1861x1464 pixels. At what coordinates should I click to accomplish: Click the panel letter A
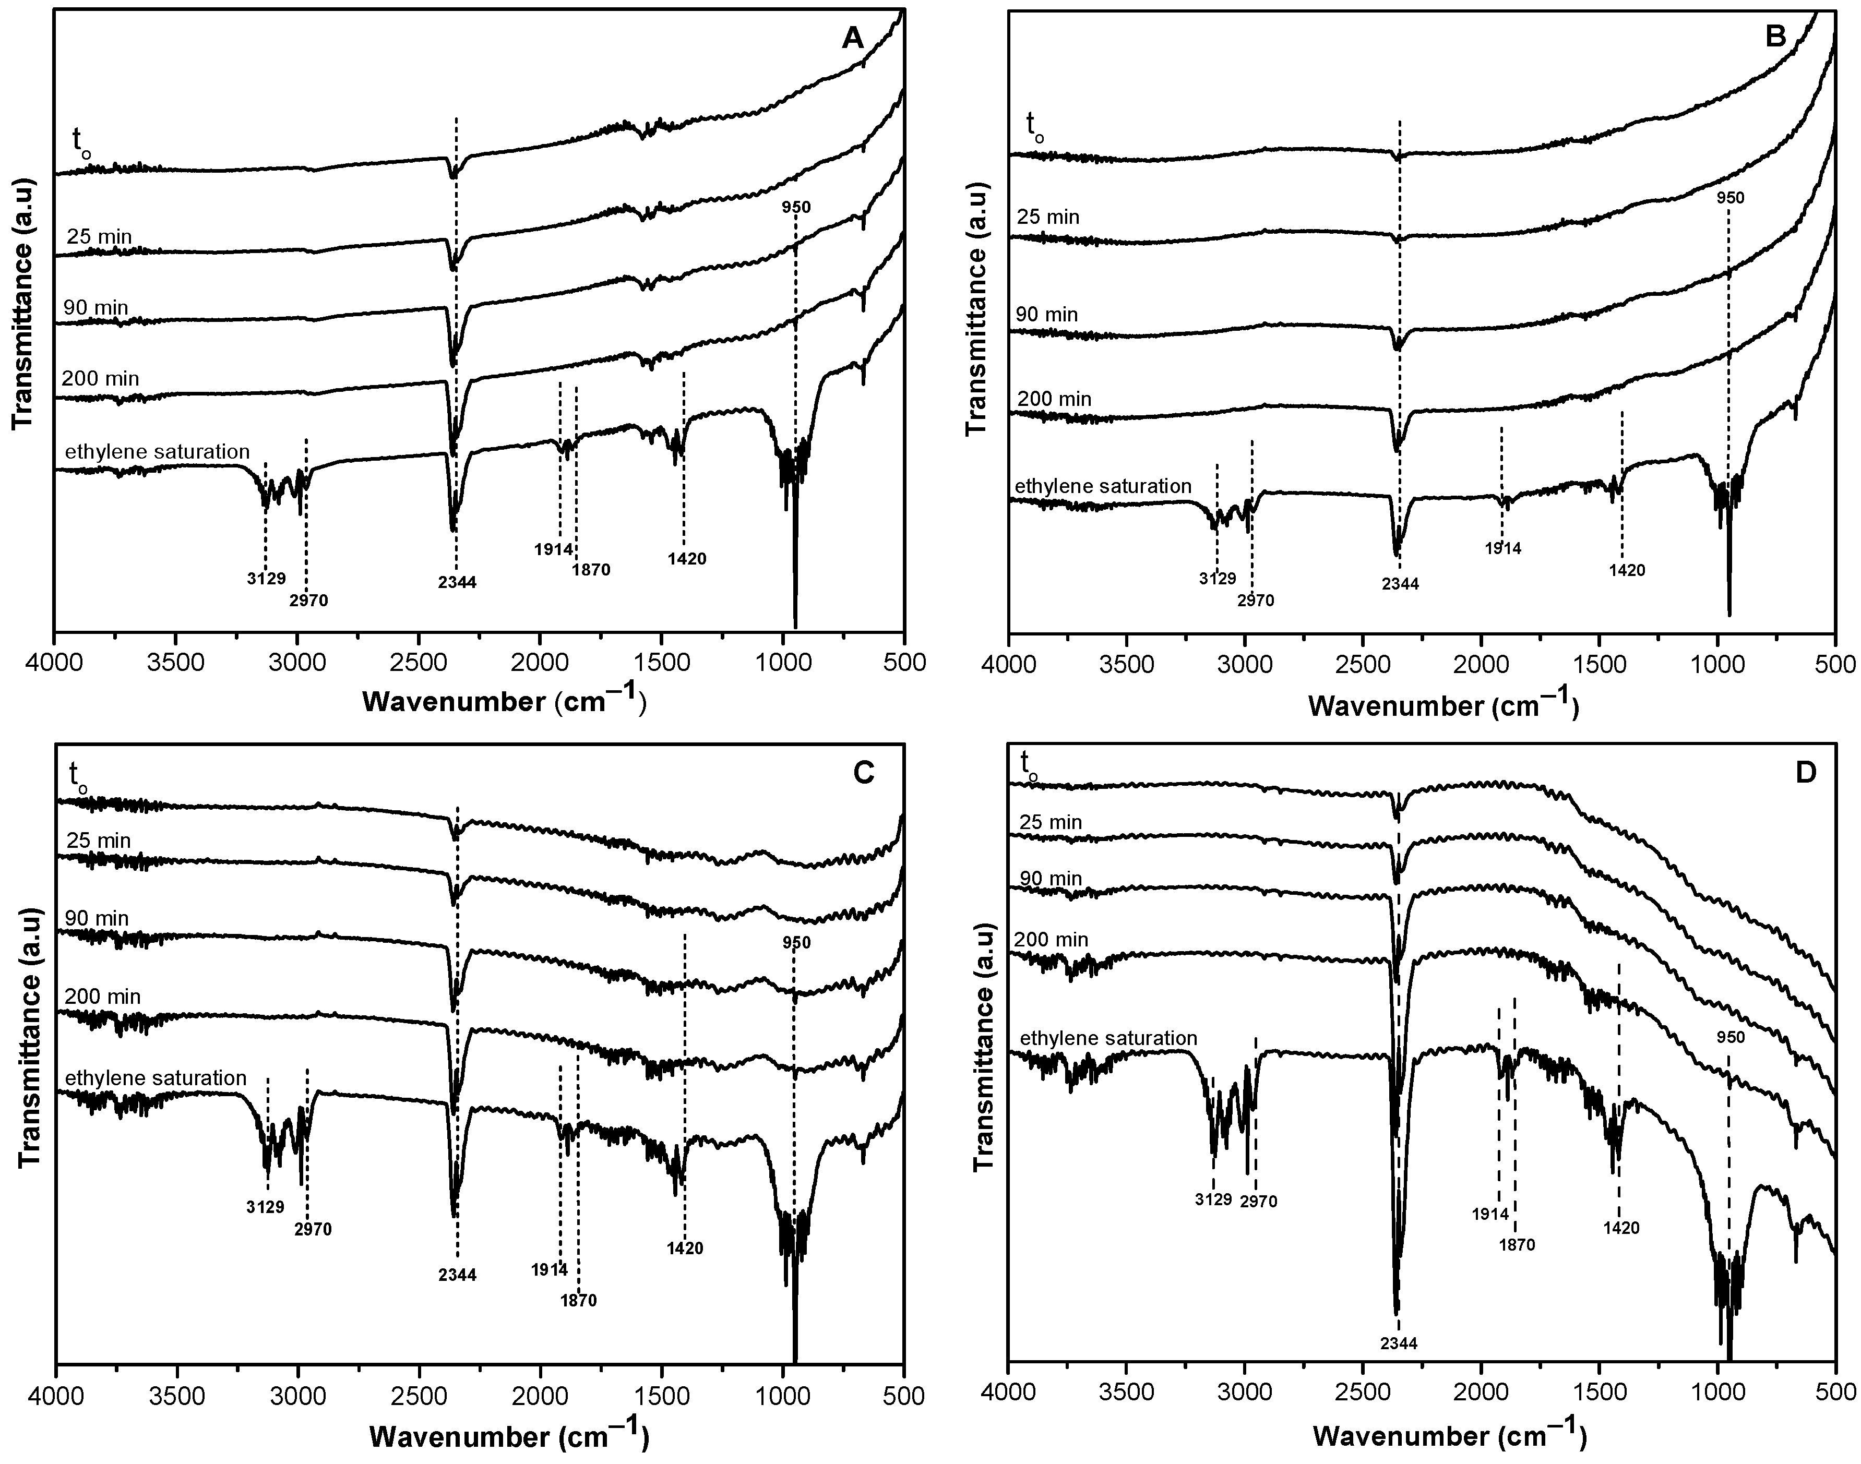click(852, 39)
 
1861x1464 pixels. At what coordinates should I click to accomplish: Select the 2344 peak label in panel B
click(1399, 584)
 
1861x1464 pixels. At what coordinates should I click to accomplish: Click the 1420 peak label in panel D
click(1621, 1228)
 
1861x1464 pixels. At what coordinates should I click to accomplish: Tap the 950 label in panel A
click(795, 207)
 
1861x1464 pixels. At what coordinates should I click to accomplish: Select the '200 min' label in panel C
click(102, 997)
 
